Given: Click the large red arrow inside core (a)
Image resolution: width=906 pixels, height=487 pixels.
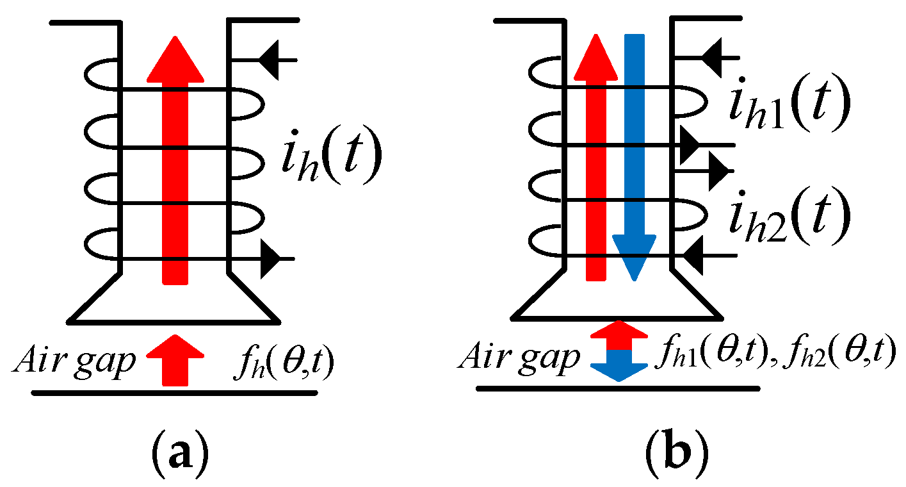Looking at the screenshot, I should (x=175, y=160).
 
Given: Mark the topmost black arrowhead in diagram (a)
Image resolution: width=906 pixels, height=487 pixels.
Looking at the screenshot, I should (x=269, y=60).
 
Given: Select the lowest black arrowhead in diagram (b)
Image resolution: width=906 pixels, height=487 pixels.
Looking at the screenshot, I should (x=695, y=256).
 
